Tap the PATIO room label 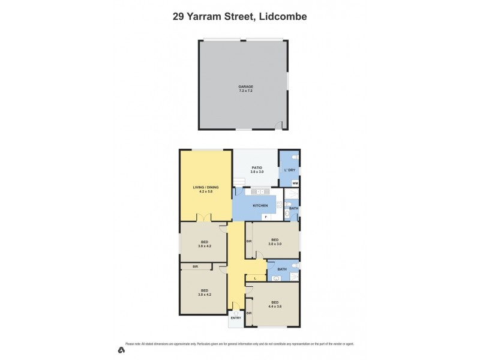[257, 169]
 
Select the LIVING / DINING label [205, 188]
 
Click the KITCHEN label [259, 206]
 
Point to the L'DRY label [290, 170]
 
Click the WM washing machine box [295, 183]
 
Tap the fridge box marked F [265, 217]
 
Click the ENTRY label [236, 318]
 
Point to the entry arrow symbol [236, 313]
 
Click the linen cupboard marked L [256, 278]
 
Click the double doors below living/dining [205, 218]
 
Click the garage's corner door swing [278, 125]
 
